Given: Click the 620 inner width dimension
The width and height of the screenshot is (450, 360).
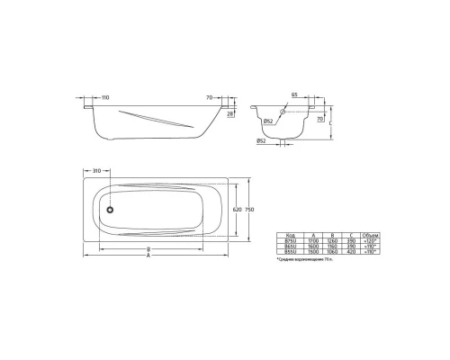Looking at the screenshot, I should pos(238,209).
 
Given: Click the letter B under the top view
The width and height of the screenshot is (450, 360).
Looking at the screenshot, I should pos(148,247).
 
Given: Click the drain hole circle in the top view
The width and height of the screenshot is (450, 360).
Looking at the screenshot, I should pos(110,210).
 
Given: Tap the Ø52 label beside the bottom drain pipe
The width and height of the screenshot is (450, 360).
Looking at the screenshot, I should pos(260,141).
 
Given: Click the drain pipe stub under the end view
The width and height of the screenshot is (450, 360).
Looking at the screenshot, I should pos(285,140).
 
